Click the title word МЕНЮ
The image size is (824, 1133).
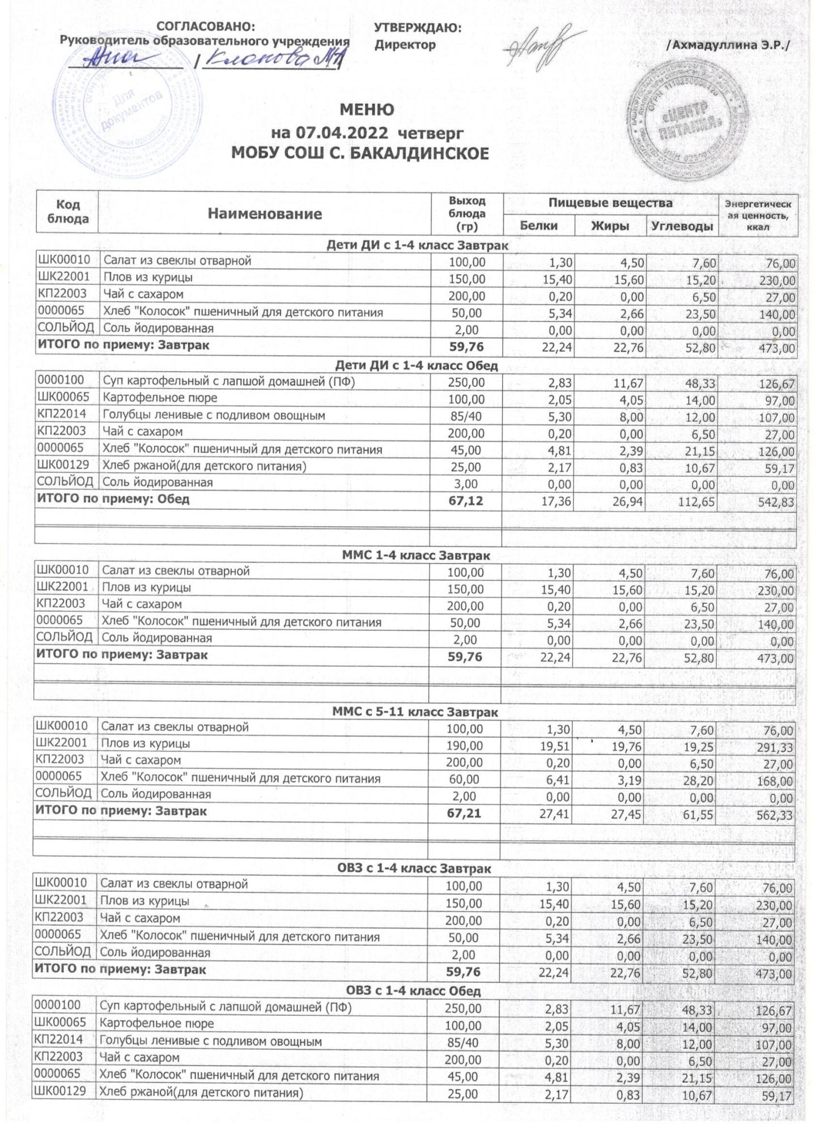click(367, 109)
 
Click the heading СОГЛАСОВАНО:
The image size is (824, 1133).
click(205, 27)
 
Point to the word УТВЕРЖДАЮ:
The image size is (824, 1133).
click(418, 28)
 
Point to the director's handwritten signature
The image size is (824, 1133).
click(538, 48)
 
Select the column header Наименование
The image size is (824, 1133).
click(265, 214)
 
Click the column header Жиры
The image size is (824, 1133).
click(610, 225)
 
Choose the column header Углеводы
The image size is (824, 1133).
click(682, 225)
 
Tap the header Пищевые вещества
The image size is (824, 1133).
click(610, 203)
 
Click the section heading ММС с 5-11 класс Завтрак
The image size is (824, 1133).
click(415, 712)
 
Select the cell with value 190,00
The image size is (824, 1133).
click(465, 745)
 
